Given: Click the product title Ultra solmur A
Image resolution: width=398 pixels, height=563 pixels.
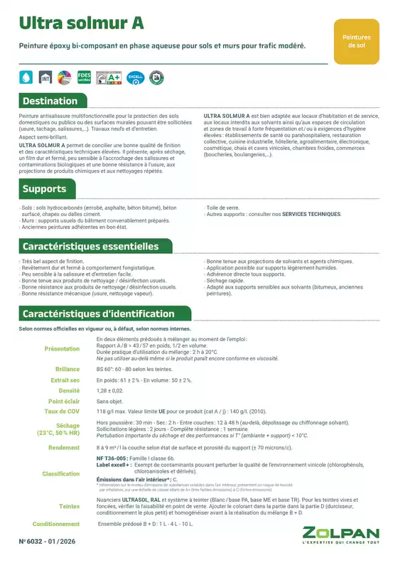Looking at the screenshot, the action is (82, 23).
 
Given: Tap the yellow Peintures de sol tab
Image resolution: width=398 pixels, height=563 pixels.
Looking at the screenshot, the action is (356, 40).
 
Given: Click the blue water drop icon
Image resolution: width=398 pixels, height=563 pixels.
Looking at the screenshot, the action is (26, 76).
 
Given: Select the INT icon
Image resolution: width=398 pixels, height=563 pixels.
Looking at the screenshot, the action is (45, 76).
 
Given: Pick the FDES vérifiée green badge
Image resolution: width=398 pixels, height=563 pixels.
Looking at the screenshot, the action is (85, 75).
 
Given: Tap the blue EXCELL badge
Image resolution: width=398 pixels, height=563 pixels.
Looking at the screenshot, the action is (135, 75).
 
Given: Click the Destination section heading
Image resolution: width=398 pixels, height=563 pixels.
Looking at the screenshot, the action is (50, 101).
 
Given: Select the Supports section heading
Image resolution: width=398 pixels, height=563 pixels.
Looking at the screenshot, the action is (44, 189).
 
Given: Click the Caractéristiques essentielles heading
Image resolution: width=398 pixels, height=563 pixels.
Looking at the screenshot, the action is (91, 247).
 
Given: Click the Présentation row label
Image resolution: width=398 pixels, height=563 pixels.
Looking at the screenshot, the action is (62, 349).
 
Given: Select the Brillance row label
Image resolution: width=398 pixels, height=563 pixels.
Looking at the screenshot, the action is (67, 370).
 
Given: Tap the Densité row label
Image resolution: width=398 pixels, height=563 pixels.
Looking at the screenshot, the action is (69, 391).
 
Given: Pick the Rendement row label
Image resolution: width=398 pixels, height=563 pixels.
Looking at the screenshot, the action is (63, 448).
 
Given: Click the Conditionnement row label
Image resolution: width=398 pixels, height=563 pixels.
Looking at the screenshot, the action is (56, 524).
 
